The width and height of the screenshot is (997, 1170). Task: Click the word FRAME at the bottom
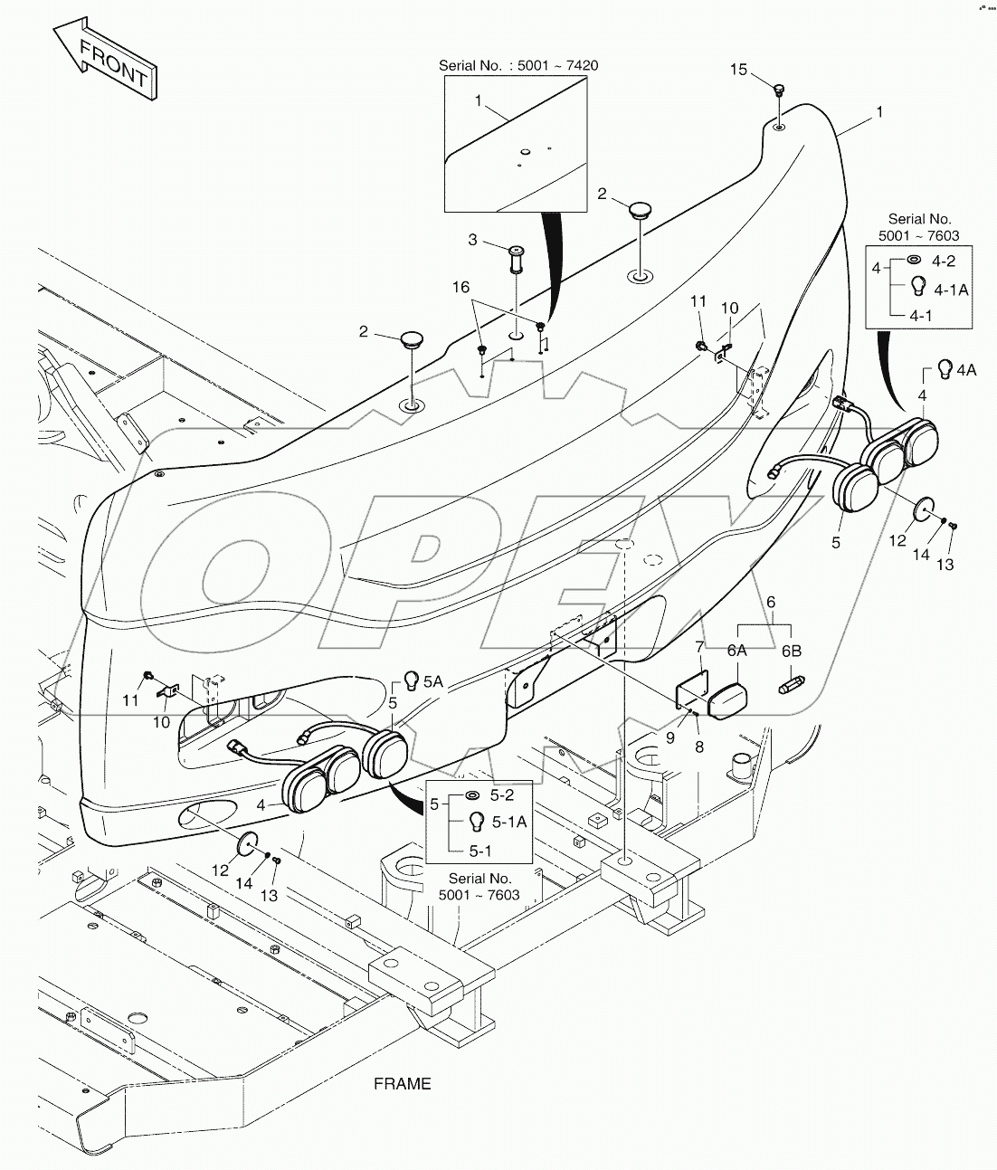(403, 1083)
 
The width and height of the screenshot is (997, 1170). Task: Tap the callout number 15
(739, 69)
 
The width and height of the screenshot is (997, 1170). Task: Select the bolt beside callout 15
(779, 90)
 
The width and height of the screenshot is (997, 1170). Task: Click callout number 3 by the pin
(472, 240)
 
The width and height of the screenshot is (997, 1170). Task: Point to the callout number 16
(461, 287)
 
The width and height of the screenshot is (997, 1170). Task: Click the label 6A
(736, 651)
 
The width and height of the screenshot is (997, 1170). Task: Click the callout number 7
(699, 647)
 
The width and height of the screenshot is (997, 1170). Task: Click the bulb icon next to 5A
(410, 679)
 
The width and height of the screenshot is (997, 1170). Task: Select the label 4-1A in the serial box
(951, 290)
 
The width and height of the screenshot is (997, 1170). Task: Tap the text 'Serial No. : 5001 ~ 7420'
(518, 65)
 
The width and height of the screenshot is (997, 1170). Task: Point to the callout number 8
(699, 747)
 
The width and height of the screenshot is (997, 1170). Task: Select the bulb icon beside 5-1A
(473, 822)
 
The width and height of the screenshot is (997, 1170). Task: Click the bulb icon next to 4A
(945, 368)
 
